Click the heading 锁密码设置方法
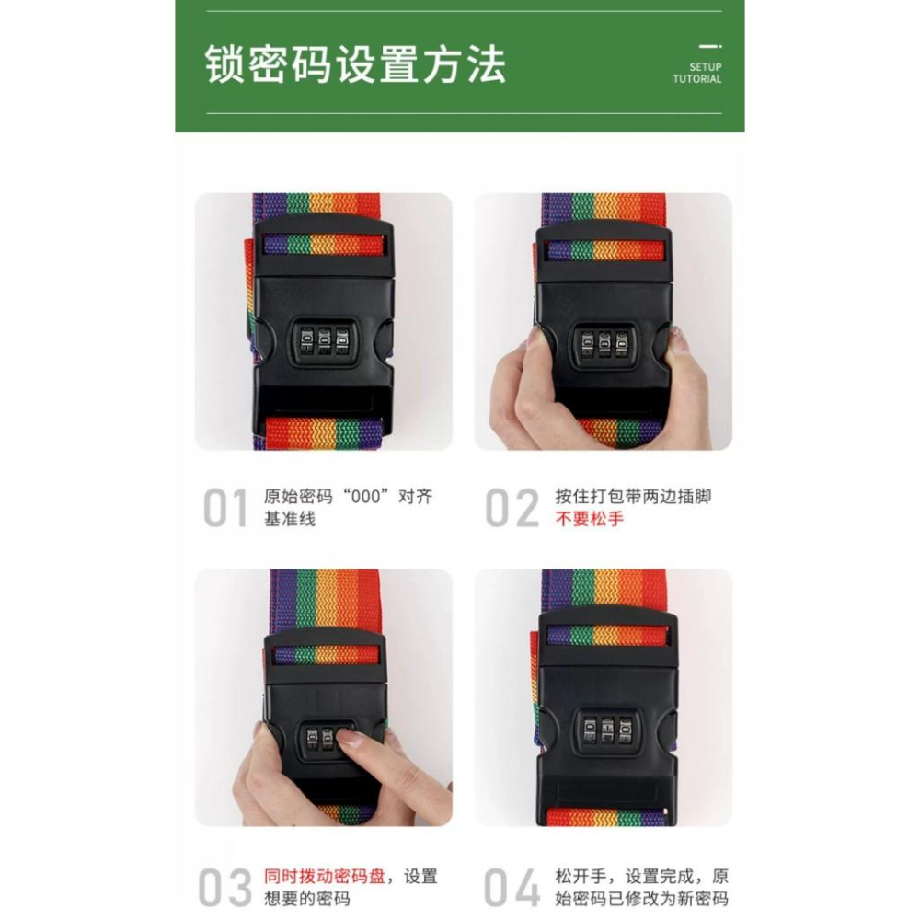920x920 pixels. point(355,64)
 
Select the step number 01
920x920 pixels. point(225,509)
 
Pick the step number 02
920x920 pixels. point(512,509)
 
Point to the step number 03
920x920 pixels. point(225,888)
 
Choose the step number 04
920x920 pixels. point(512,888)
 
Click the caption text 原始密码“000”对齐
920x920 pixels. point(348,498)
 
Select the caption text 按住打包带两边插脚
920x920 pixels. point(633,498)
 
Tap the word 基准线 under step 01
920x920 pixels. point(290,520)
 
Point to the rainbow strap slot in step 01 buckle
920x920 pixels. point(322,245)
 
